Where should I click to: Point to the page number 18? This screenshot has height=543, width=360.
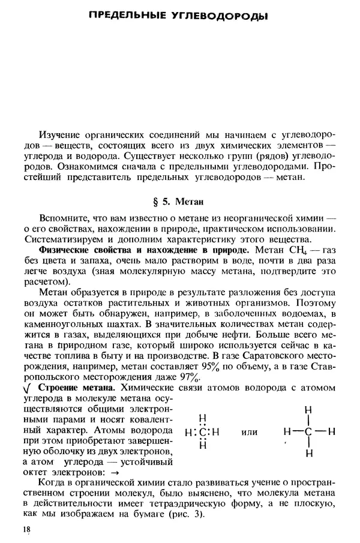tap(25, 529)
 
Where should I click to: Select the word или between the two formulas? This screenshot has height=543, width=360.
tap(248, 432)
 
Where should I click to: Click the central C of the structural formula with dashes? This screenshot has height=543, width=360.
tap(308, 432)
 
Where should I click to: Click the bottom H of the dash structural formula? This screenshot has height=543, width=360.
tap(308, 454)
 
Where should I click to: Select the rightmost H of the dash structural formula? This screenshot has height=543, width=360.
tap(331, 432)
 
